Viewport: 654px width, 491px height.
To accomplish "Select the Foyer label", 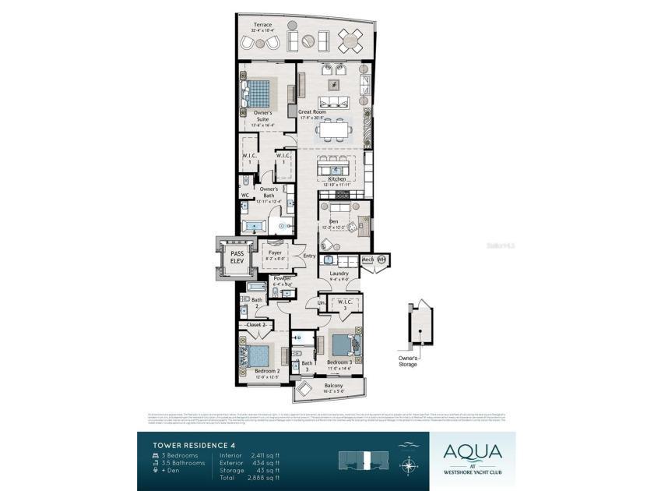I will [x=275, y=253].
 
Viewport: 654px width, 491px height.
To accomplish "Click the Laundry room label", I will [x=339, y=274].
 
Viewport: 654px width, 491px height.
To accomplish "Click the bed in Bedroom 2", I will [x=260, y=355].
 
